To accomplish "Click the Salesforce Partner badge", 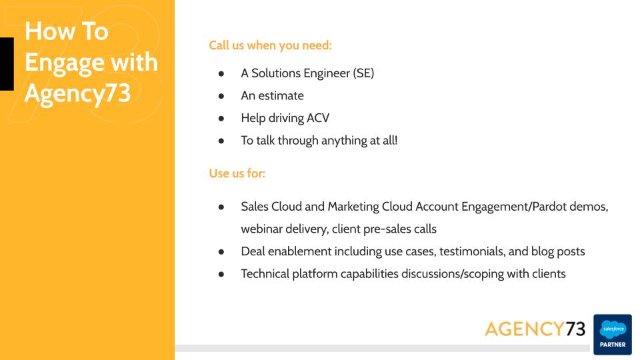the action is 612,334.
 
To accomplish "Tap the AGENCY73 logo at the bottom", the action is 535,329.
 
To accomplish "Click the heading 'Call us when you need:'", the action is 270,45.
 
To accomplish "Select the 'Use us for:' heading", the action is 237,173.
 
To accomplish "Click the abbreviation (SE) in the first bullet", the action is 363,73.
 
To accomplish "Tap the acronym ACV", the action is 318,118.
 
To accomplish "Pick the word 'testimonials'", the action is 472,251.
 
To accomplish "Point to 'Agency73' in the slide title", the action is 77,93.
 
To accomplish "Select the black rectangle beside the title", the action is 7,64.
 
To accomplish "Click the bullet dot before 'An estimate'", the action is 221,96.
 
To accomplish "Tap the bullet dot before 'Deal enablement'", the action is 221,252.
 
